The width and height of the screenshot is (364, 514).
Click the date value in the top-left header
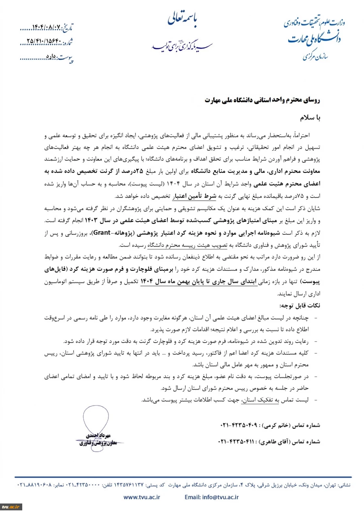pyautogui.click(x=44, y=29)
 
